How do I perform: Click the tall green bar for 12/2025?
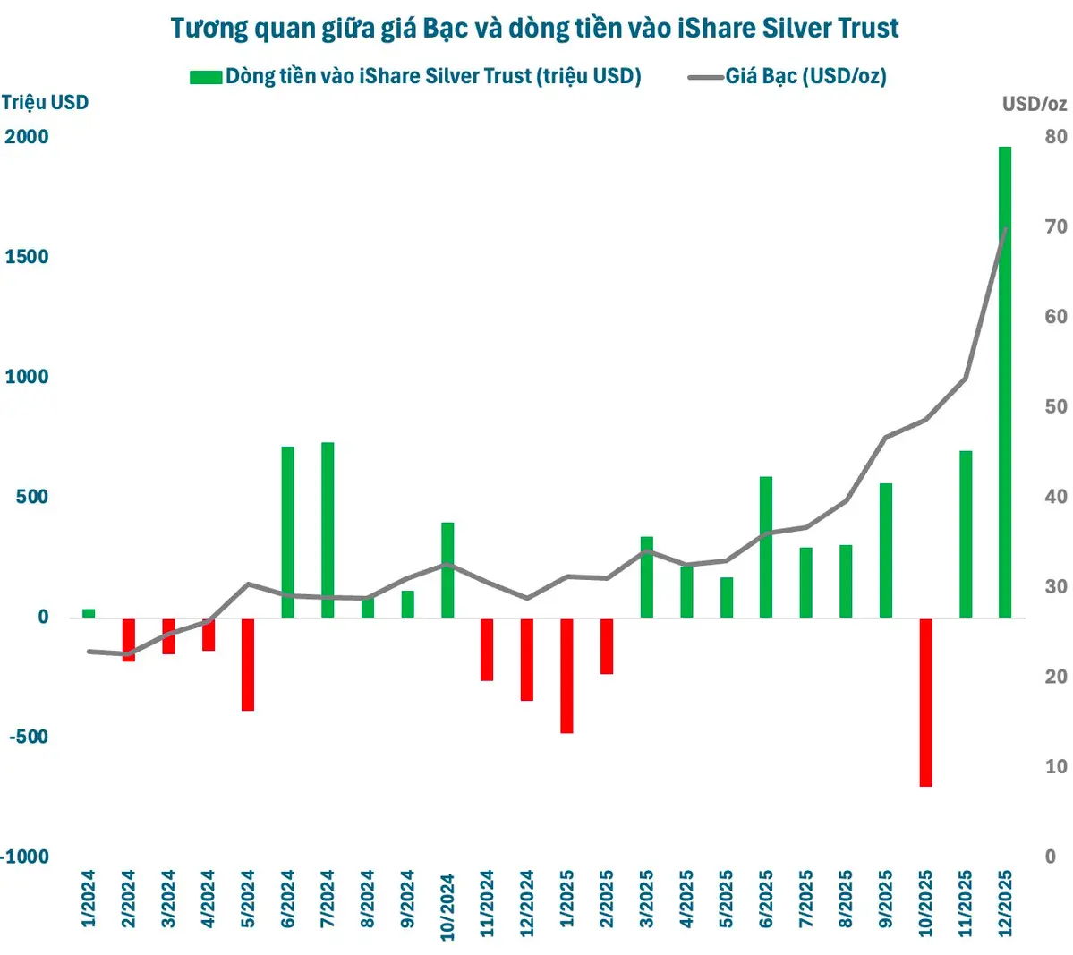click(1004, 403)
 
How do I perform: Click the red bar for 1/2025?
click(566, 676)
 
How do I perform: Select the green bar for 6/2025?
click(766, 547)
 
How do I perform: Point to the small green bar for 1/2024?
click(89, 613)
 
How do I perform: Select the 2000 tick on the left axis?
click(27, 137)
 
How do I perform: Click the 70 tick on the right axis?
click(1056, 227)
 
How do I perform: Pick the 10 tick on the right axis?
click(1056, 767)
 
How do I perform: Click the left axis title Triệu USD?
click(45, 102)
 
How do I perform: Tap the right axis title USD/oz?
click(1035, 104)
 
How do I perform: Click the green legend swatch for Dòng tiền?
click(205, 77)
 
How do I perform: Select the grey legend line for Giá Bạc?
click(705, 77)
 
